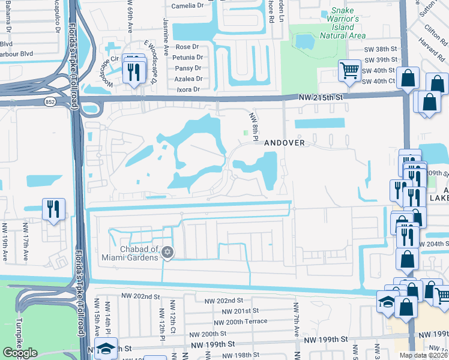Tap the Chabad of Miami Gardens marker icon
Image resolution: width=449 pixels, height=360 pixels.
[x=168, y=253]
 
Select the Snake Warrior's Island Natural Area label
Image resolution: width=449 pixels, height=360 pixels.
[x=343, y=23]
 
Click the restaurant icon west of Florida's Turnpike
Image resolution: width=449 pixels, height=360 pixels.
[x=53, y=209]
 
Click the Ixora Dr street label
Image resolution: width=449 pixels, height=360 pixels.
[x=188, y=89]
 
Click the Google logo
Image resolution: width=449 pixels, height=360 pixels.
[x=20, y=353]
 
